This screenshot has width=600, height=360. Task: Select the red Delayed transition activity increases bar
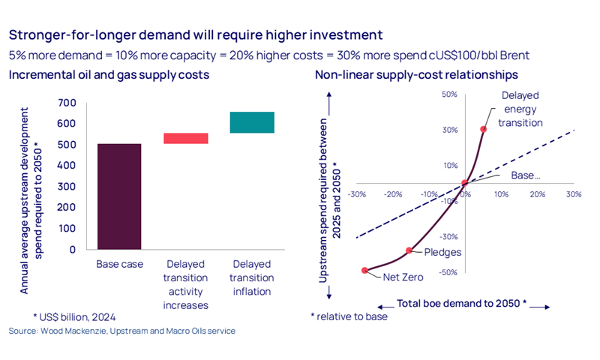coord(186,138)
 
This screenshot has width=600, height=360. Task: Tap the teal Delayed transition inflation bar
coord(252,122)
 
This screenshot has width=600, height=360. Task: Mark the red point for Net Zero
coord(365,270)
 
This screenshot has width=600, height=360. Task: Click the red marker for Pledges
coord(409,250)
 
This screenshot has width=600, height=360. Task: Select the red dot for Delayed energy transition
coord(484,129)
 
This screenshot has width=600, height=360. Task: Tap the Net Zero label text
coord(403,277)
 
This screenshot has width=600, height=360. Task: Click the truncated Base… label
coord(526,175)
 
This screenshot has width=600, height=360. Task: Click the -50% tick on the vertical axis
coord(449,272)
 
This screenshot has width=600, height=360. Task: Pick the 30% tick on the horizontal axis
coord(574,193)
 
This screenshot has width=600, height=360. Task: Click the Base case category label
coord(119,264)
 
